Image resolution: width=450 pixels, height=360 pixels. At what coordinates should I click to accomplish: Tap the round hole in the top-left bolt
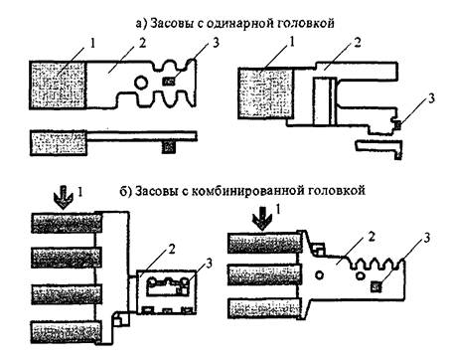click(x=141, y=82)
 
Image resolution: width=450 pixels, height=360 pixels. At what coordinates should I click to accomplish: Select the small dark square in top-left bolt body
click(x=169, y=81)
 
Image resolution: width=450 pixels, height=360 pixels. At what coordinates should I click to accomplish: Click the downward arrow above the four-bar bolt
click(x=63, y=198)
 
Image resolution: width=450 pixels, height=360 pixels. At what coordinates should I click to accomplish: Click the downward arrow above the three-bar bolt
click(x=262, y=219)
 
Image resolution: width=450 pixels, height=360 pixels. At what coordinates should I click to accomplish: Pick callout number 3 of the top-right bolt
click(x=431, y=98)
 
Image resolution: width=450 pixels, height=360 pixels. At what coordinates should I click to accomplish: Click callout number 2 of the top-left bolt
click(x=142, y=43)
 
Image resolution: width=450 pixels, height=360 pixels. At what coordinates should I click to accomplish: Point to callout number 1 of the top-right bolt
click(x=292, y=42)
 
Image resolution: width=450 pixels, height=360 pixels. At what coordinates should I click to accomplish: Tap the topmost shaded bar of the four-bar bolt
click(x=67, y=223)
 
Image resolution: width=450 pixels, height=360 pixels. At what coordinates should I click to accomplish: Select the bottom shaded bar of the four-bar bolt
click(x=66, y=332)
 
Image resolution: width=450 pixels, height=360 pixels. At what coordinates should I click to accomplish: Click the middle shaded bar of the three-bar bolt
click(x=265, y=275)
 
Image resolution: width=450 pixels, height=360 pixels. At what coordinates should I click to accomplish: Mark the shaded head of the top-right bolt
click(x=266, y=93)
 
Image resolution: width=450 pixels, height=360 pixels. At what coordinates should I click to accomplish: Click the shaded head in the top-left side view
click(x=59, y=143)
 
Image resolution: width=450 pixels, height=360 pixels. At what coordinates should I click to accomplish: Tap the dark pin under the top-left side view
click(x=168, y=146)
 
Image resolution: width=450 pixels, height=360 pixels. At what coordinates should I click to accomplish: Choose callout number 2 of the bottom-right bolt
click(x=372, y=237)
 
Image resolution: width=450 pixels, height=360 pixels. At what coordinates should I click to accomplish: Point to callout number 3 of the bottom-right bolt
click(x=427, y=238)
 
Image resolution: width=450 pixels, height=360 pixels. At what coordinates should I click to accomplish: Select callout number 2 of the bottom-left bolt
click(x=172, y=250)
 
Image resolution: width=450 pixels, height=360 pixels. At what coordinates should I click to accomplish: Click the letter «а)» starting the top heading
click(x=141, y=24)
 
